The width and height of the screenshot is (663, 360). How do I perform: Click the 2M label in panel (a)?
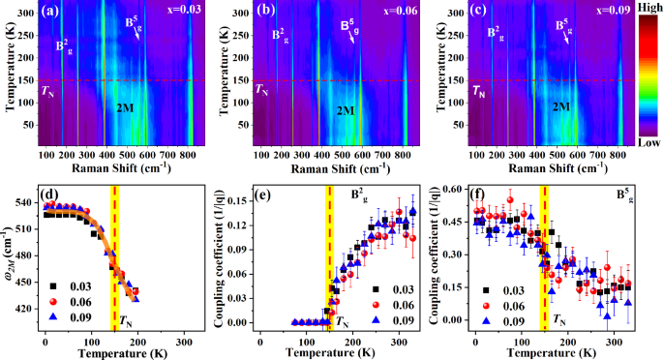click(125, 107)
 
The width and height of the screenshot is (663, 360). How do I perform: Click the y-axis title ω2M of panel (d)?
click(8, 256)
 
